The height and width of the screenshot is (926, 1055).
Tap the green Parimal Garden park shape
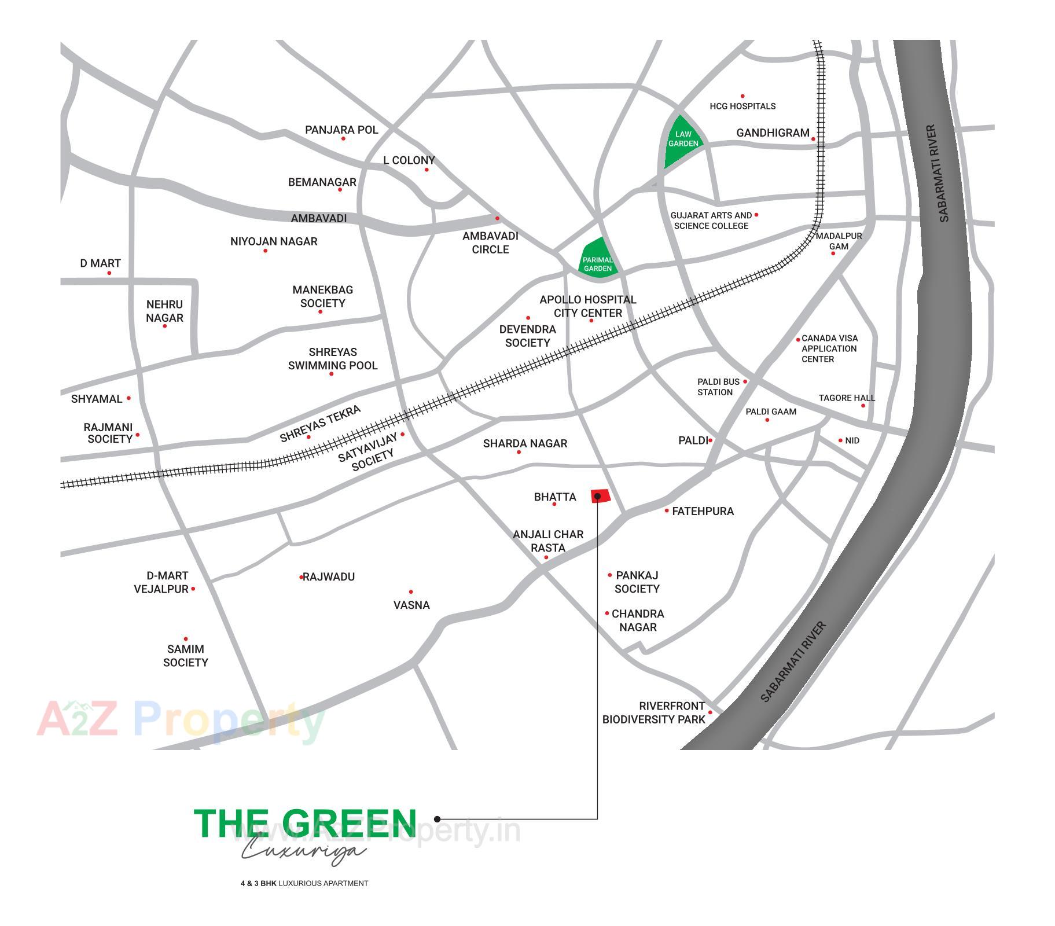tap(598, 261)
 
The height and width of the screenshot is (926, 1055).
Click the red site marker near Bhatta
tap(600, 496)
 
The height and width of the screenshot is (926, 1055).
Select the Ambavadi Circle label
tap(490, 243)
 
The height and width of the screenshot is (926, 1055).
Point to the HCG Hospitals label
tap(742, 106)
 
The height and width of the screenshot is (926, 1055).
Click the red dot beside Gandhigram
tap(813, 139)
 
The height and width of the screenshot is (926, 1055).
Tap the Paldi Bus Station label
tap(718, 387)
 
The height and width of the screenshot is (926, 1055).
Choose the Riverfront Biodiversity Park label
tap(654, 713)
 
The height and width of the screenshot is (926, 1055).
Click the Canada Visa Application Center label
tap(829, 348)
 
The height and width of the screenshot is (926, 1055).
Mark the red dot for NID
tap(840, 440)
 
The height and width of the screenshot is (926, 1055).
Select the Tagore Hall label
tap(846, 398)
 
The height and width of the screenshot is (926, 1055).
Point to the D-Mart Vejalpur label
tap(162, 582)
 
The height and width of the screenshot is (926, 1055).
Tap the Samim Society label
tap(185, 656)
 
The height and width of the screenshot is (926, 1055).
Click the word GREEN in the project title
tap(350, 823)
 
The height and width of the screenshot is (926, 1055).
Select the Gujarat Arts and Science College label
tap(711, 221)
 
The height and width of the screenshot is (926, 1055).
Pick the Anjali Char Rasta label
tap(548, 541)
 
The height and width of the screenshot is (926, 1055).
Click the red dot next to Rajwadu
tap(302, 577)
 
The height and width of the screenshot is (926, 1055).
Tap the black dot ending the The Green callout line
tap(438, 819)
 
